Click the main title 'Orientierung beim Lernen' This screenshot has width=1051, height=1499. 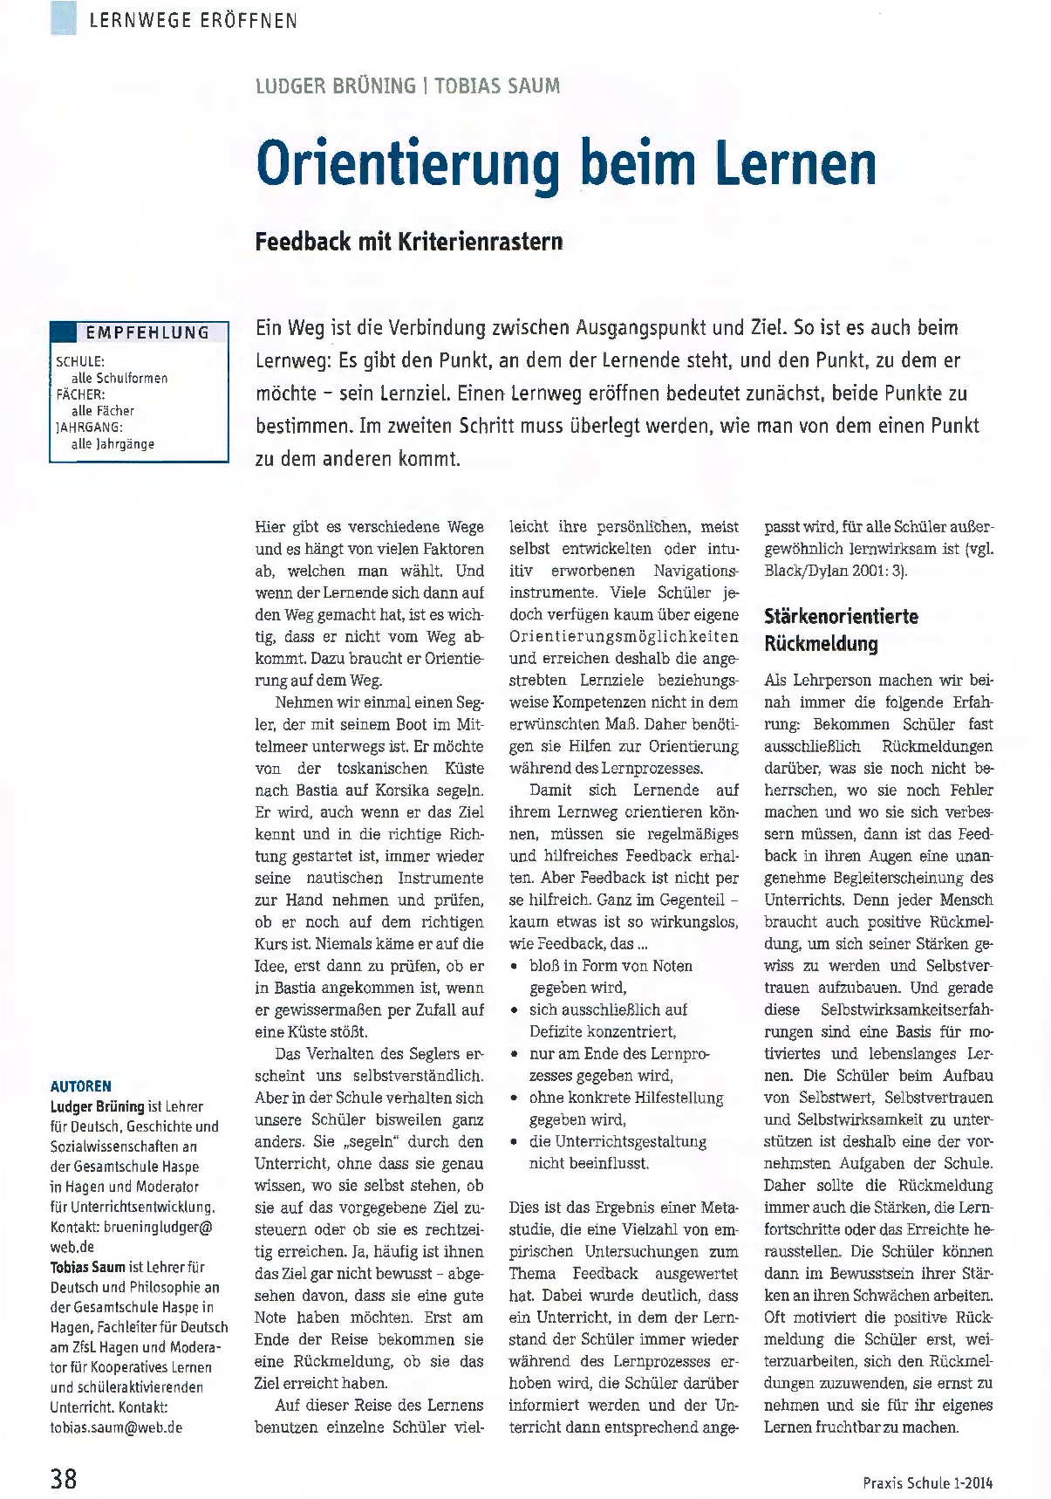[x=566, y=163]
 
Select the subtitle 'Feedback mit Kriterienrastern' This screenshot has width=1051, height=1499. [x=409, y=241]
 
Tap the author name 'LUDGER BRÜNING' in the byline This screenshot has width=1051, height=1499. [x=335, y=86]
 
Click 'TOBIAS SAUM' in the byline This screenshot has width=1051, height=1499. [x=497, y=86]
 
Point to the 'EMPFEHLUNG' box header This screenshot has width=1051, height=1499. [x=147, y=332]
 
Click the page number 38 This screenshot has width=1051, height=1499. [x=64, y=1478]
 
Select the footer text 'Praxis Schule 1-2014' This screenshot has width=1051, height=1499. [x=927, y=1482]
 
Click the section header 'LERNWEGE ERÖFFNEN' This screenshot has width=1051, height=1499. [x=193, y=20]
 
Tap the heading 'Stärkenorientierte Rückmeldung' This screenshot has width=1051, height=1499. [x=841, y=629]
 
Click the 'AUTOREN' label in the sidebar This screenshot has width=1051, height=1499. [x=81, y=1085]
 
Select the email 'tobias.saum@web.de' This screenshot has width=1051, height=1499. [x=116, y=1427]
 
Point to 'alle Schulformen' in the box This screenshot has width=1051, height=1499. [x=119, y=378]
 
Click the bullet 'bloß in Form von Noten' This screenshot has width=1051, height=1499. [x=611, y=965]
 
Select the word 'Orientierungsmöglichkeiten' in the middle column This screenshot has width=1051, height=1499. [x=624, y=636]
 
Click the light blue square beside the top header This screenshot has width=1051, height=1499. [x=64, y=18]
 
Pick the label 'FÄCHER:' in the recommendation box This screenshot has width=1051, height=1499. [x=80, y=394]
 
